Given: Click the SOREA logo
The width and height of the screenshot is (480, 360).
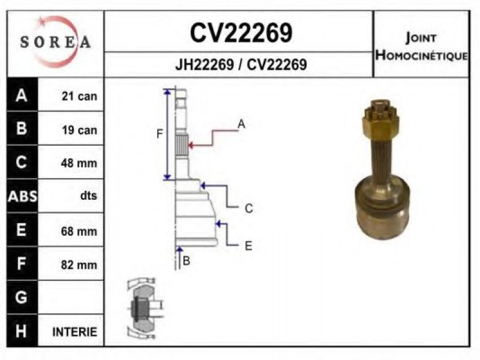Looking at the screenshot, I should click(x=55, y=41).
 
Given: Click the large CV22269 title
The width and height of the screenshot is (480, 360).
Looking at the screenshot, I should click(x=241, y=34).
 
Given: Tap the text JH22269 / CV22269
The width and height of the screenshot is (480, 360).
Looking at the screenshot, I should click(x=241, y=65).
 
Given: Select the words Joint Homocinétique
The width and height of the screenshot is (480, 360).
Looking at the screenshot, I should click(x=421, y=46).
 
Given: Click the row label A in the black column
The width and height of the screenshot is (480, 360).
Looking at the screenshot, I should click(x=22, y=95).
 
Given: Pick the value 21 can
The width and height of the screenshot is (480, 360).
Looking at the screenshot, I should click(x=79, y=96).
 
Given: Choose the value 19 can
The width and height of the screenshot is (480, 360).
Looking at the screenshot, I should click(x=79, y=130).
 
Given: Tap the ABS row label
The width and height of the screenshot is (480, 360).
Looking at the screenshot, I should click(x=22, y=196).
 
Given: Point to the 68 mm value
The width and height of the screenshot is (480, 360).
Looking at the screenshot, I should click(x=79, y=230).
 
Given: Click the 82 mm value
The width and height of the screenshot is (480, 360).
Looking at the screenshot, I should click(x=79, y=264).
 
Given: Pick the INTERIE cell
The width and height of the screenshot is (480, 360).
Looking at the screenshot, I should click(x=74, y=332).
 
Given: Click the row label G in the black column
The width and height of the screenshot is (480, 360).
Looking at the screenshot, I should click(x=22, y=298).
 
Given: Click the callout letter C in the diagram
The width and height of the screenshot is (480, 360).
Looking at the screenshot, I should click(x=248, y=208).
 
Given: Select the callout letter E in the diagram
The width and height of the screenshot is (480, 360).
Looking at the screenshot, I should click(x=248, y=245).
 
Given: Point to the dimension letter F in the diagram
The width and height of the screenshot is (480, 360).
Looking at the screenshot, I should click(x=160, y=134).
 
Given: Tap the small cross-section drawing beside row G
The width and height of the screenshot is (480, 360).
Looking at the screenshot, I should click(x=143, y=307).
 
